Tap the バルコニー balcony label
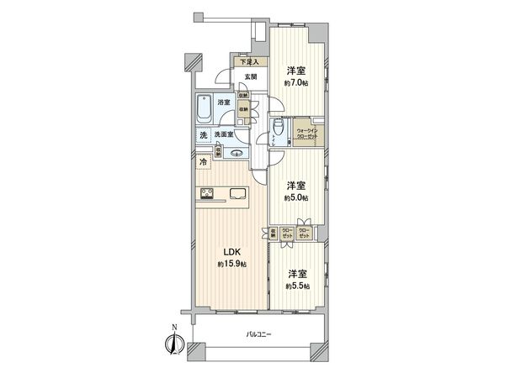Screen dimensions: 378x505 [x=258, y=333]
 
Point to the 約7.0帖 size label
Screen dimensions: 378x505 [x=295, y=83]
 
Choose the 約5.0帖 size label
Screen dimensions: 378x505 [x=295, y=197]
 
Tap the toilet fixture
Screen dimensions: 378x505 [x=279, y=129]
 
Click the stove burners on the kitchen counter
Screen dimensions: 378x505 [x=207, y=195]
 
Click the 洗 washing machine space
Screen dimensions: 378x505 [x=203, y=134]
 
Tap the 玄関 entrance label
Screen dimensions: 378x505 [x=250, y=77]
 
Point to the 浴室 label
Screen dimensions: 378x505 [x=223, y=102]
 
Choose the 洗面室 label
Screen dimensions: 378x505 [x=223, y=134]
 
